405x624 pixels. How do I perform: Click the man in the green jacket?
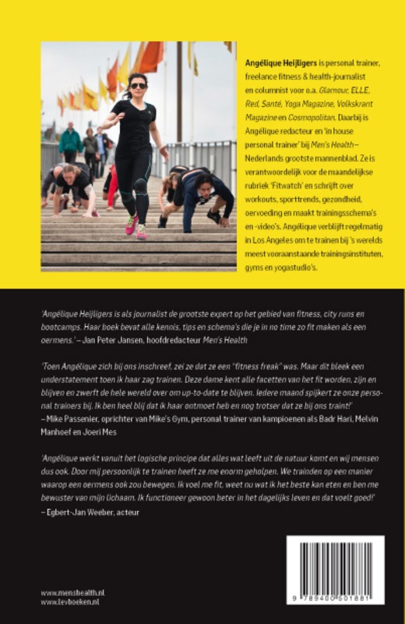71,142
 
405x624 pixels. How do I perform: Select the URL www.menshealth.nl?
73,593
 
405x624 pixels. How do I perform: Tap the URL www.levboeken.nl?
71,602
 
